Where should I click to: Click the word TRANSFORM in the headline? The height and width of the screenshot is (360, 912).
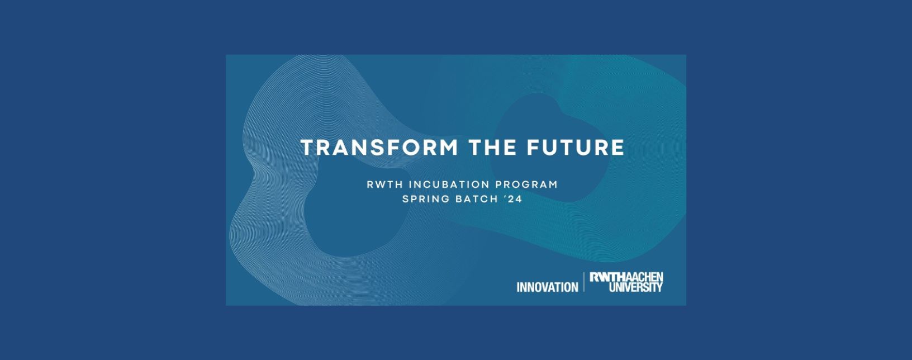tap(379, 148)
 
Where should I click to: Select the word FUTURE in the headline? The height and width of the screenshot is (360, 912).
tap(575, 148)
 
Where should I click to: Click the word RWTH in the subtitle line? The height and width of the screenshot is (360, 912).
tap(384, 184)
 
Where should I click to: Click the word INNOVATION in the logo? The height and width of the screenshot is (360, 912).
tap(548, 287)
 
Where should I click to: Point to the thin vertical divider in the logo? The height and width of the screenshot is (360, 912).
tap(585, 282)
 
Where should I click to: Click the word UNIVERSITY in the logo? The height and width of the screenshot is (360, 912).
tap(636, 287)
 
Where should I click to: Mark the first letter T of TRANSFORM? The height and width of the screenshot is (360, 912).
tap(307, 148)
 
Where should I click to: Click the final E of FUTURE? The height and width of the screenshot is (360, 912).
tap(617, 148)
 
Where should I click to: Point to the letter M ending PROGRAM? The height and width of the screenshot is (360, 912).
tap(553, 184)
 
